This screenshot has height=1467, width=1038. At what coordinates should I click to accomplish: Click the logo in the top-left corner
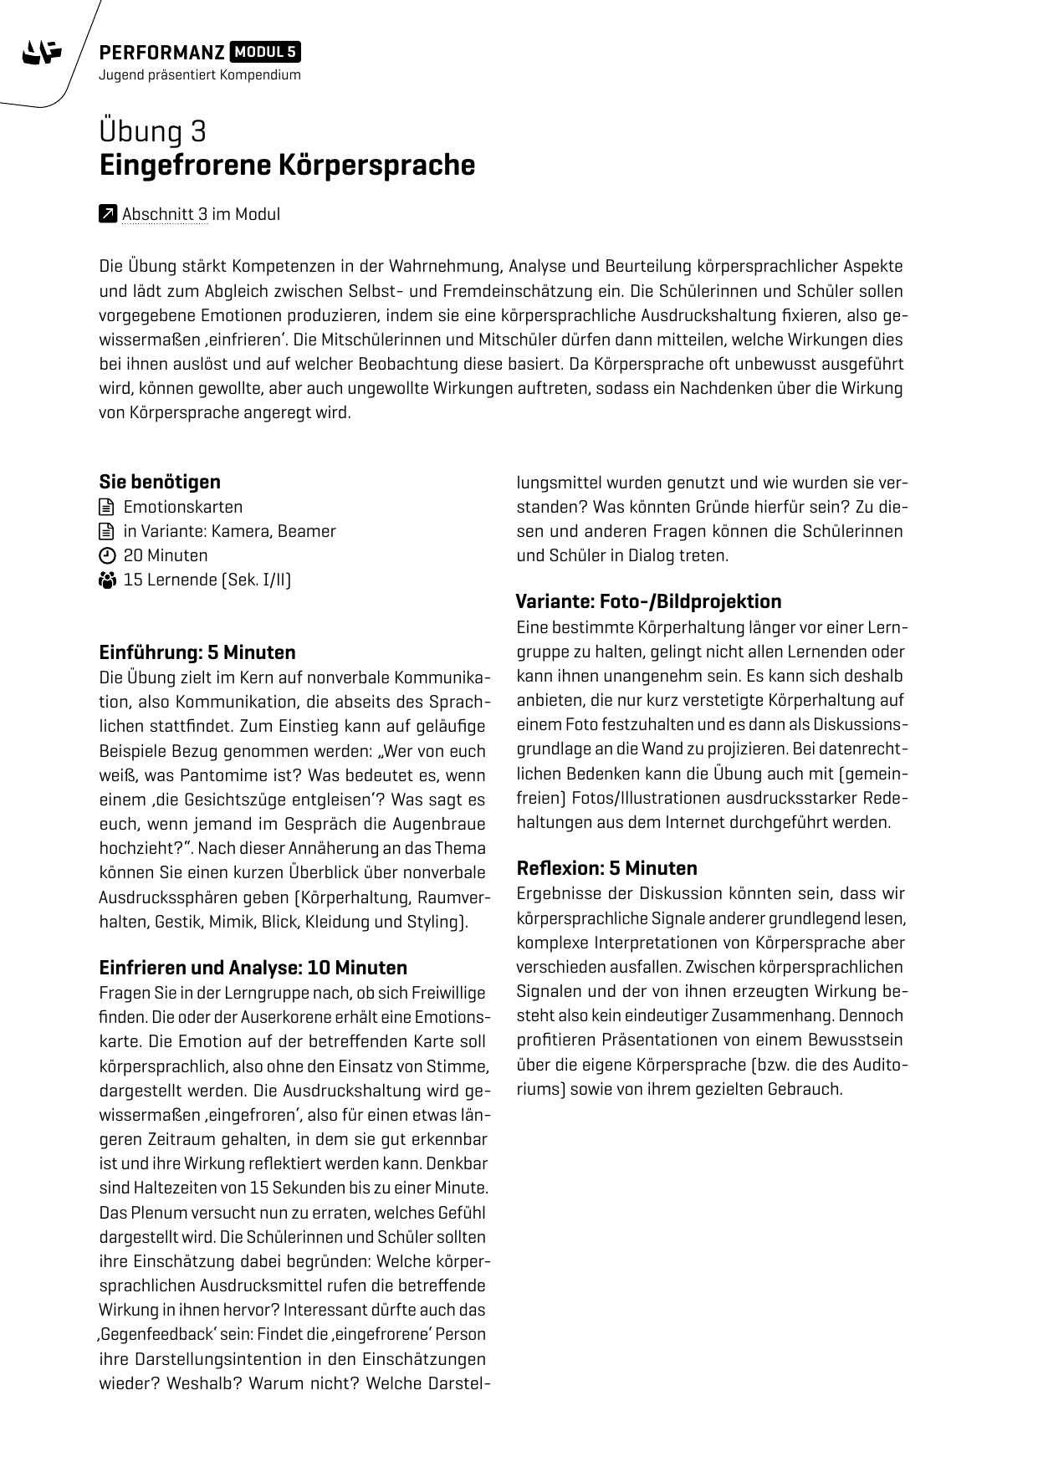point(42,54)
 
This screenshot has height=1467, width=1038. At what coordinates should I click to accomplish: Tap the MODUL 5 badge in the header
point(265,53)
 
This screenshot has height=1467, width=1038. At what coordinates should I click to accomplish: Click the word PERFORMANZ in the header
point(161,54)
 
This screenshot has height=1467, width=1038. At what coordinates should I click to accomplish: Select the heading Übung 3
point(153,131)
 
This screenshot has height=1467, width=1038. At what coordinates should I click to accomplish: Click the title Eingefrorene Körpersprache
point(287,165)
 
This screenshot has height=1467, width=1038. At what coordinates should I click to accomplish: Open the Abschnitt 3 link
point(164,214)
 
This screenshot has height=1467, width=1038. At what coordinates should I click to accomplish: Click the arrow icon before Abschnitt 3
point(107,214)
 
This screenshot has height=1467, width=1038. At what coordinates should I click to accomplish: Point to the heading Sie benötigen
point(160,482)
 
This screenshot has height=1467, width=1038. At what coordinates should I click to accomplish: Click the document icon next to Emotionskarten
point(106,507)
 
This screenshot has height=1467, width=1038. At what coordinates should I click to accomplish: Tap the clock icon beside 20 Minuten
point(106,555)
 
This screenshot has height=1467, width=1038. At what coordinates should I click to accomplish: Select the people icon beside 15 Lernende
point(106,580)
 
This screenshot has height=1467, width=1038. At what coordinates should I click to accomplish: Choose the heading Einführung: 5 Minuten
point(197,652)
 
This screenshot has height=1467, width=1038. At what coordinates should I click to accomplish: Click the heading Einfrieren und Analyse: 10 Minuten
point(253,968)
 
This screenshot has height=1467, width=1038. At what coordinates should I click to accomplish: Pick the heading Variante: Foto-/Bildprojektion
point(648,601)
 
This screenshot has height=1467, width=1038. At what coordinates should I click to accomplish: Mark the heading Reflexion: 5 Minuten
point(606,868)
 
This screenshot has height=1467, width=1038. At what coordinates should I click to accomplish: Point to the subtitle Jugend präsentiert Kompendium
point(199,75)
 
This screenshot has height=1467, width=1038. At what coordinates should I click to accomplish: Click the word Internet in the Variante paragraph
point(697,822)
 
